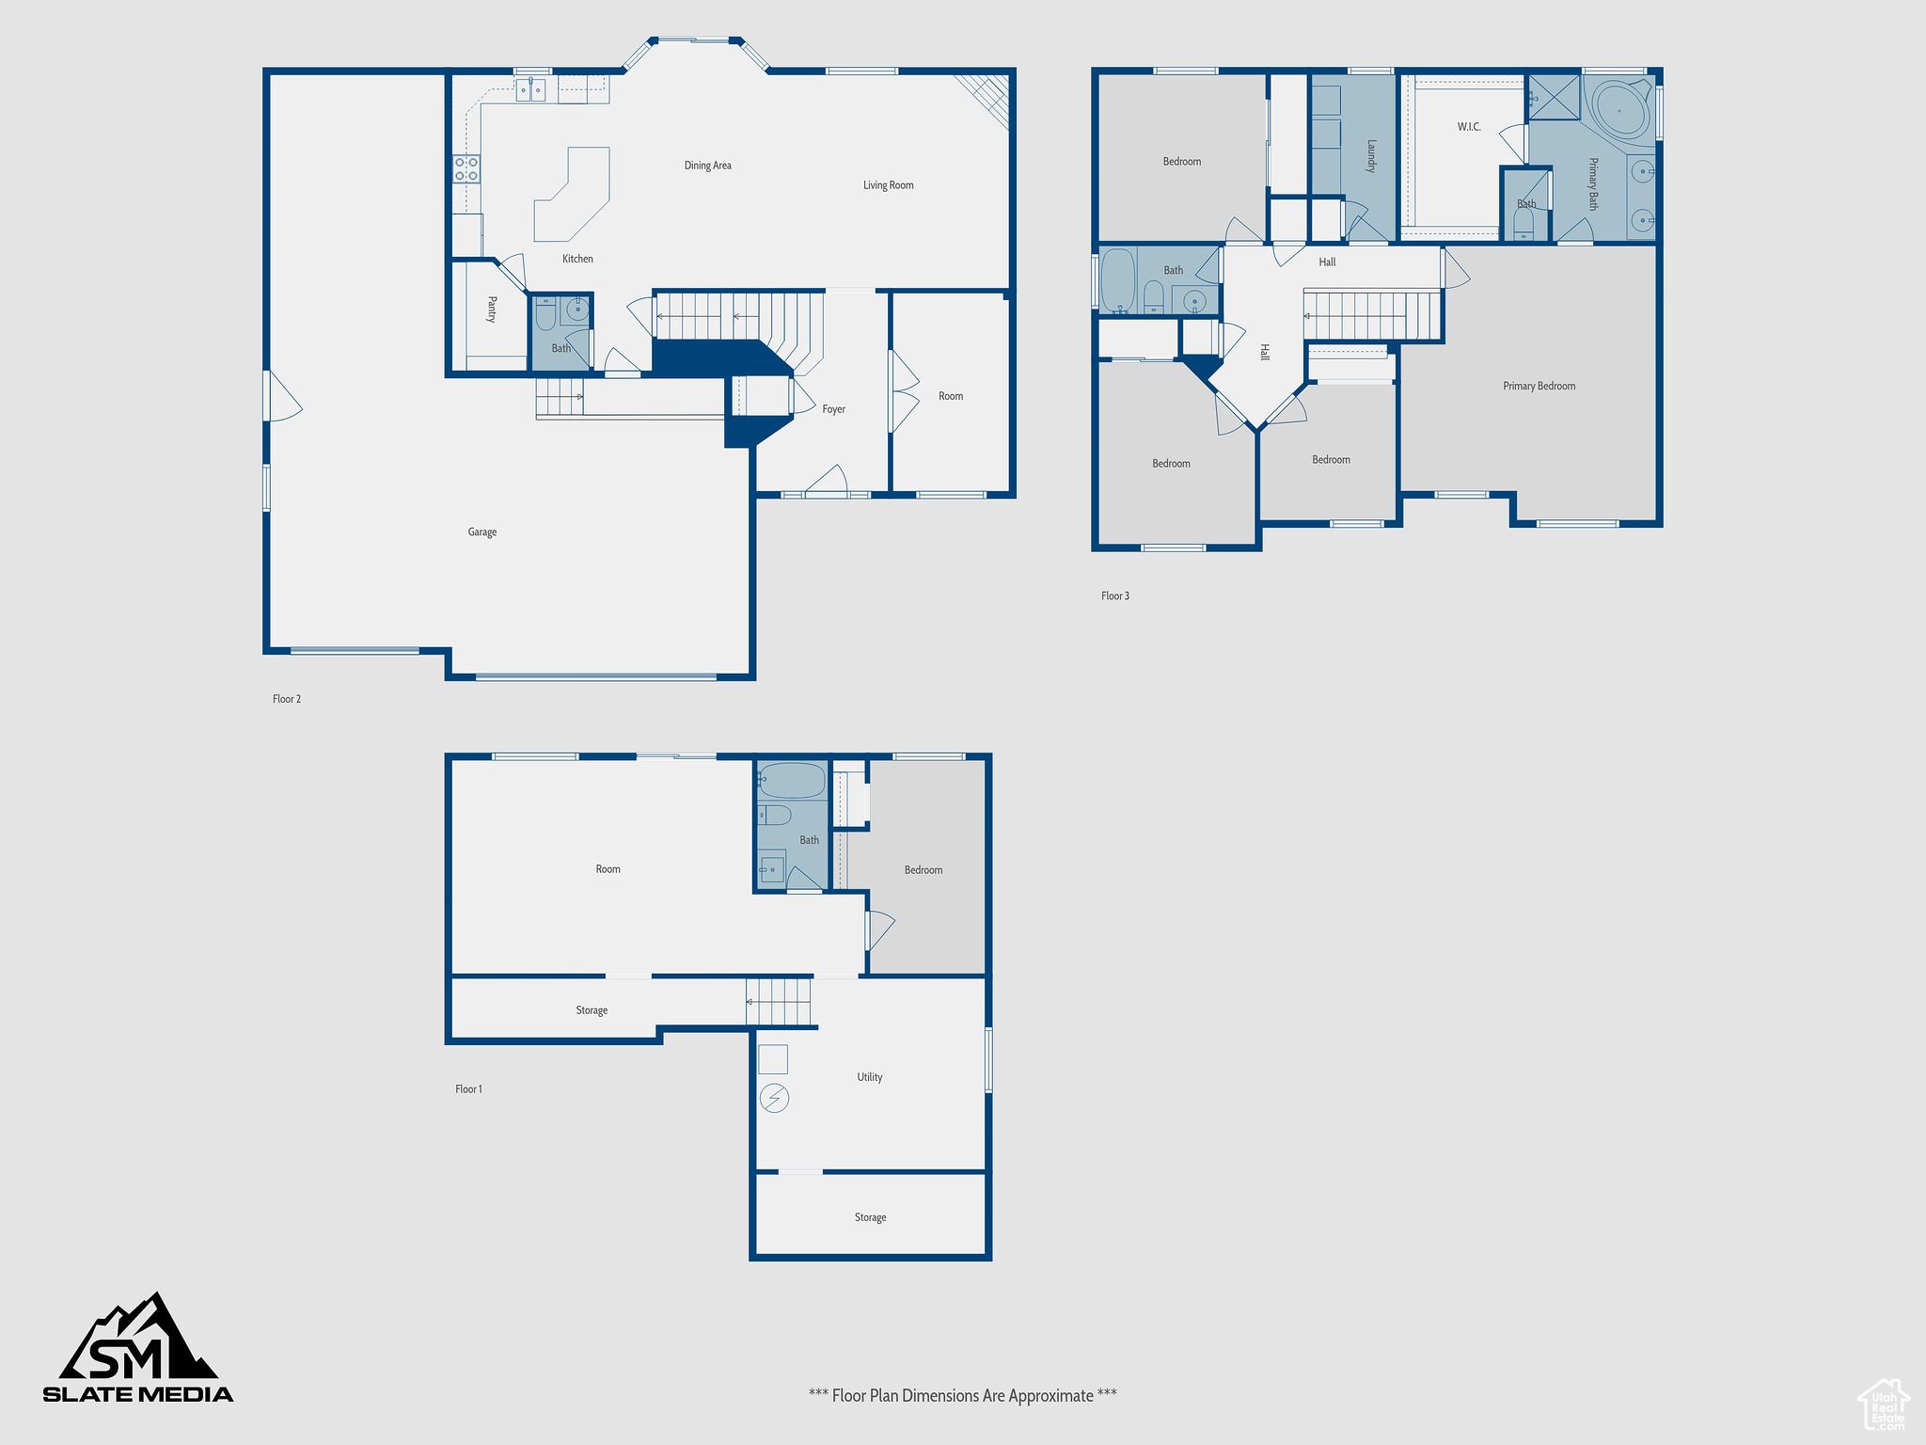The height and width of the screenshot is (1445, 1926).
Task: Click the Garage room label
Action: tap(481, 532)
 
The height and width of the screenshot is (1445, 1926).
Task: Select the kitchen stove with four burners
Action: tap(466, 169)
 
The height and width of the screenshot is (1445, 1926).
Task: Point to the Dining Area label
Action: tap(707, 166)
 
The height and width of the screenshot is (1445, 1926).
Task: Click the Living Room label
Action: tap(888, 185)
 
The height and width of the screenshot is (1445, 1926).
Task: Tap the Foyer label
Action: tap(833, 409)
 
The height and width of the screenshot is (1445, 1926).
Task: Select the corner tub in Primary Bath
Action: tap(1619, 111)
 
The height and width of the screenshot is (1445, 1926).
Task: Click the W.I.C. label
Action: tap(1469, 127)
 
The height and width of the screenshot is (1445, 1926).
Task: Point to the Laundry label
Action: tap(1371, 156)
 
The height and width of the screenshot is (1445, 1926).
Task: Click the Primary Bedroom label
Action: tap(1539, 386)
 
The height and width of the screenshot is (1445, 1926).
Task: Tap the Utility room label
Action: tap(869, 1077)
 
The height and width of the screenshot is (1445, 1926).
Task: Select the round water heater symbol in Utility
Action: tap(774, 1098)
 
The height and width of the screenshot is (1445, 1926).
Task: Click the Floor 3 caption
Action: tap(1115, 595)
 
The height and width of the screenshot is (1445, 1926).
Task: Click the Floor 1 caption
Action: tap(468, 1089)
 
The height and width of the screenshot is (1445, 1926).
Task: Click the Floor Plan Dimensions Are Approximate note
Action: tap(962, 1396)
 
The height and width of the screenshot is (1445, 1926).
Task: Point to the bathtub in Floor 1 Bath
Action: tap(792, 781)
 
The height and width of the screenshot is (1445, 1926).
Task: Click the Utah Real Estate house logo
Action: tap(1884, 1405)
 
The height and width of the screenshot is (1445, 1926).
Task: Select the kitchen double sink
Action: tap(531, 90)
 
